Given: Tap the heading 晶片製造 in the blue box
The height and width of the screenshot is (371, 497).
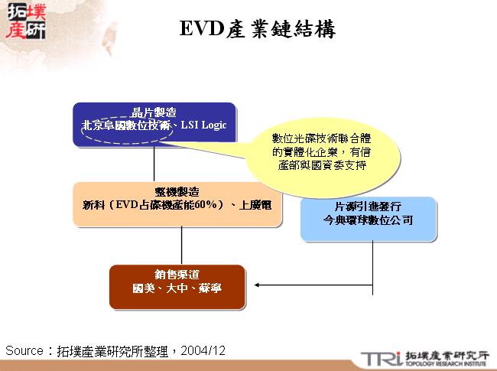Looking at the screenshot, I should (x=154, y=112).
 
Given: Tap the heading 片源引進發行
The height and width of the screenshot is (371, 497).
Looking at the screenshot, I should (x=369, y=207).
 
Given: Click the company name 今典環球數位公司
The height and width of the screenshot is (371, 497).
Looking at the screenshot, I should (x=369, y=220).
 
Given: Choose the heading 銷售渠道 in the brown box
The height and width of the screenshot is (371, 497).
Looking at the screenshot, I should (x=177, y=274).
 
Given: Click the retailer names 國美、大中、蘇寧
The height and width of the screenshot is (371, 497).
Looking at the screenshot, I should (x=177, y=288).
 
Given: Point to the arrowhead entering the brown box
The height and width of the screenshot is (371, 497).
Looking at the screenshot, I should (x=258, y=286).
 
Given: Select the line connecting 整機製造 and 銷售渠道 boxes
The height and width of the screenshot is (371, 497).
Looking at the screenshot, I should (x=181, y=246).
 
